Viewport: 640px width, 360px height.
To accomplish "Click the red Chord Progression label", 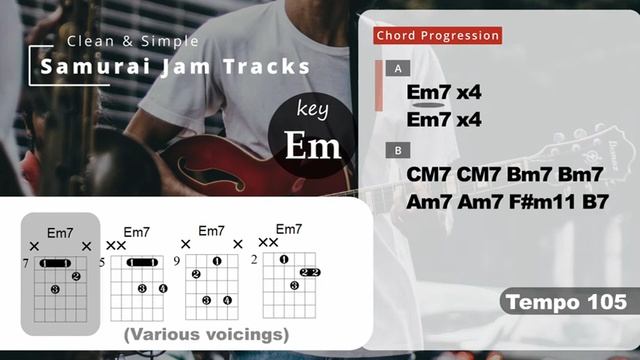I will pos(437,36).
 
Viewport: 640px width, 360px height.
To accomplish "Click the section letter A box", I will pos(399,69).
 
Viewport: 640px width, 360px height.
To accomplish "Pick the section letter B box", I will pos(399,151).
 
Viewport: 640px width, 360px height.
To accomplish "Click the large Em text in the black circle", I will pos(313,145).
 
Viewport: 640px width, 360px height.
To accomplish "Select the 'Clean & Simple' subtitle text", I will pos(133,41).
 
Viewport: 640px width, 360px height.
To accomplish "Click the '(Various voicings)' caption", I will pos(206,334).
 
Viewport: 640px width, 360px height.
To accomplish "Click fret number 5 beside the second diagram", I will pos(102,262).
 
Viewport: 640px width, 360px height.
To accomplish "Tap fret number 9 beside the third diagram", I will pos(177,262).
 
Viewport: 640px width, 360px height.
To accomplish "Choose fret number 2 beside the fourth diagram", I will pos(255,260).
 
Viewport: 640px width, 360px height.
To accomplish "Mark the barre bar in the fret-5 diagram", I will pos(145,262).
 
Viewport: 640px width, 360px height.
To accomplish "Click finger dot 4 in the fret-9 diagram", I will pos(228,300).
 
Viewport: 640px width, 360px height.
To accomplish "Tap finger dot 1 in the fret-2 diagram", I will pos(284,260).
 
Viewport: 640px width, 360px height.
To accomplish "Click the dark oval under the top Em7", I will pos(427,104).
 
